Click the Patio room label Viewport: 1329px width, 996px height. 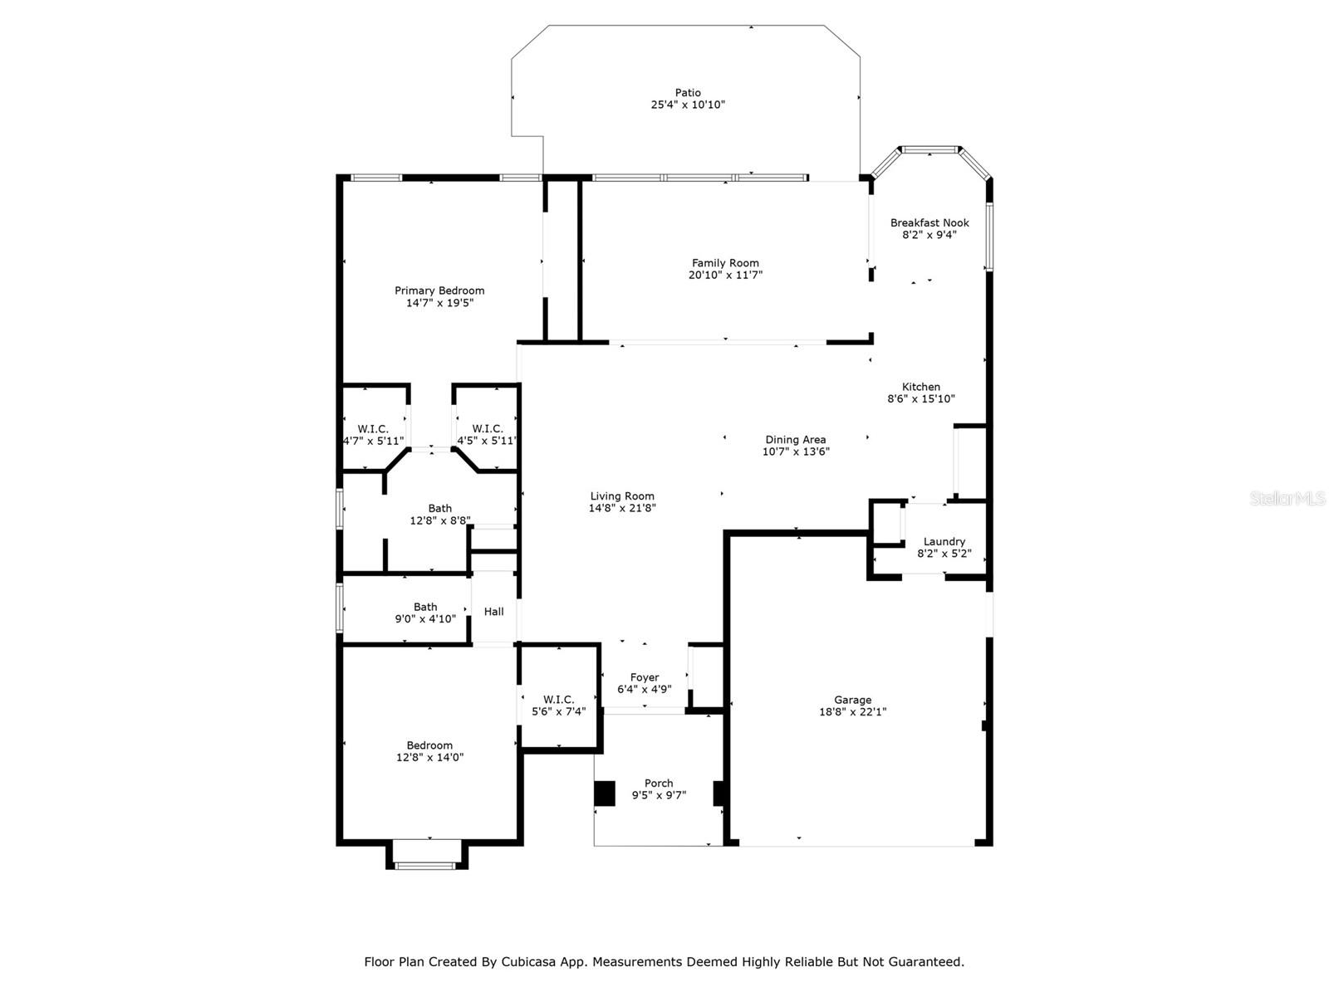point(688,93)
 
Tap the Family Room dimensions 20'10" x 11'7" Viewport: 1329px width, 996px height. point(725,275)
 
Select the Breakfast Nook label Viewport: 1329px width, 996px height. point(929,222)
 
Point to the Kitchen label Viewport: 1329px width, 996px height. point(921,387)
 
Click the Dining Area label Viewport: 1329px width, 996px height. point(795,440)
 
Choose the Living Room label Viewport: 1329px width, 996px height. point(622,496)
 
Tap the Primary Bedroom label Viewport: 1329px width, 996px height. point(439,290)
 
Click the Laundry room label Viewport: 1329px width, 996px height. point(944,541)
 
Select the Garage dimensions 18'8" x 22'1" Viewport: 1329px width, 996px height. point(852,711)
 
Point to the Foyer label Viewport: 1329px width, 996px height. point(645,677)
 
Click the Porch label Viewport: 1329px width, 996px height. point(659,783)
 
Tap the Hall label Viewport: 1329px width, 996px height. point(494,612)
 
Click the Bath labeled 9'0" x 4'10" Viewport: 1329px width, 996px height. point(425,607)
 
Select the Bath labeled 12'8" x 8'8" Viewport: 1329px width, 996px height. point(440,508)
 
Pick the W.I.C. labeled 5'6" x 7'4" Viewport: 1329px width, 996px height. point(558,699)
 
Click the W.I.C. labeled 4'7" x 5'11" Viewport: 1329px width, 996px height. point(373,428)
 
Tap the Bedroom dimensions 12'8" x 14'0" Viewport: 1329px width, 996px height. point(429,757)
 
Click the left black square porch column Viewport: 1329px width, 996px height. point(604,793)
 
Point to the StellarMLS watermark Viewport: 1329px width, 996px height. point(1287,498)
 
